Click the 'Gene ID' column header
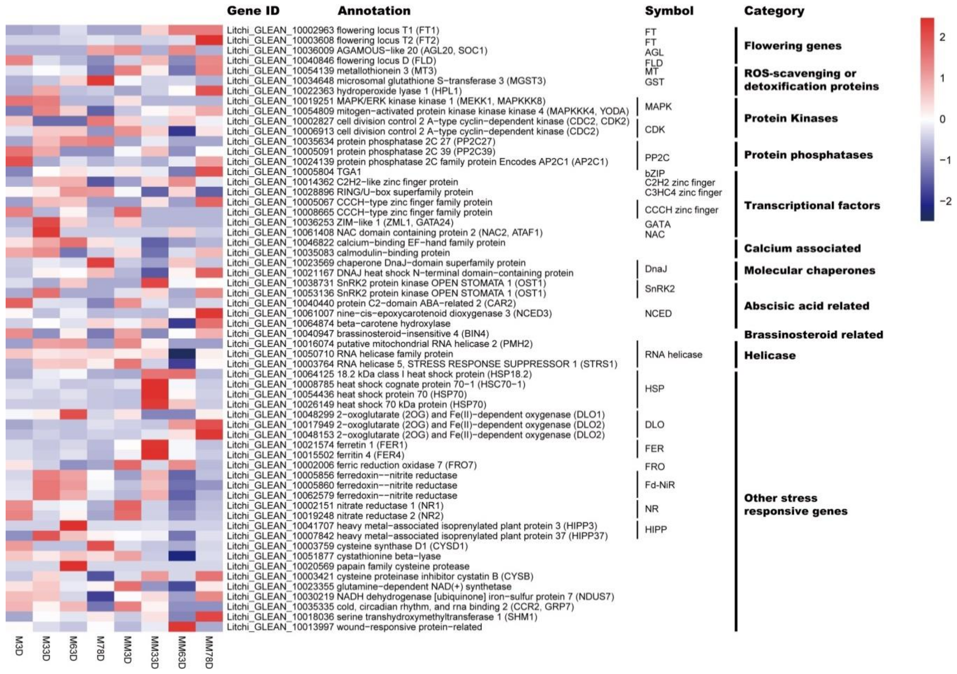(253, 11)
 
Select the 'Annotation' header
(374, 11)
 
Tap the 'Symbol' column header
(669, 11)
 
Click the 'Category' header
(774, 11)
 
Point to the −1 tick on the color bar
(944, 160)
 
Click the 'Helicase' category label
(770, 355)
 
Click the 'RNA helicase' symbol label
(673, 355)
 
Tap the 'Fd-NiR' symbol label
(659, 485)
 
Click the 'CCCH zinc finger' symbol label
(681, 210)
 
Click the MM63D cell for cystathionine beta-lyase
(182, 556)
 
